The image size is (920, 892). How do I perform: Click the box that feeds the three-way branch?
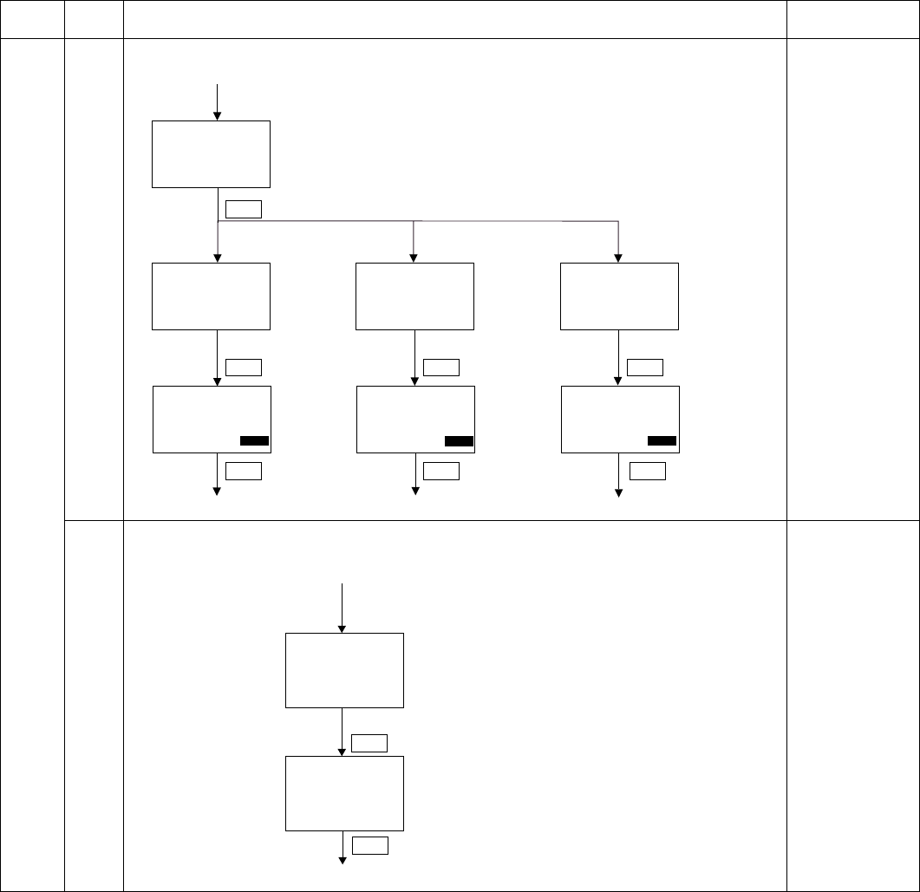tap(211, 154)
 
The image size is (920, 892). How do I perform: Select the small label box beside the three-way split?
tap(243, 208)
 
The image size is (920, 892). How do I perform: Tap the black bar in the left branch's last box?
tap(254, 441)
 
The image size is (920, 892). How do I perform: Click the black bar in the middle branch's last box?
tap(459, 441)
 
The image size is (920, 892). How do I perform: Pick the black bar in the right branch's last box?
tap(662, 441)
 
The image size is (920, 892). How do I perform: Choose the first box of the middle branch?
tap(414, 296)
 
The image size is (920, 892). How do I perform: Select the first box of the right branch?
tap(619, 296)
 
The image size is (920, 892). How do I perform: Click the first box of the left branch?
tap(211, 296)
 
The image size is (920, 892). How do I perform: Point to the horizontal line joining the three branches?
tap(416, 221)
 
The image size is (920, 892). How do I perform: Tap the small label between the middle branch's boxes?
tap(441, 367)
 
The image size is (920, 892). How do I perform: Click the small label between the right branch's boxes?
tap(645, 367)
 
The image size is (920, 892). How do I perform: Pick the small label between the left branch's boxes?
tap(243, 367)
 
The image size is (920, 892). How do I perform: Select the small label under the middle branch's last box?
tap(441, 471)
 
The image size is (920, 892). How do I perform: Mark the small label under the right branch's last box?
tap(647, 471)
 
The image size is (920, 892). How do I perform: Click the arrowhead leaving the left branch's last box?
tap(217, 492)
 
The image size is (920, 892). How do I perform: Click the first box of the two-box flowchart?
tap(344, 670)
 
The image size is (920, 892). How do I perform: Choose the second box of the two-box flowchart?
tap(344, 793)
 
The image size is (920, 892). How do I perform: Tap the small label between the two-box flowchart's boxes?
tap(369, 742)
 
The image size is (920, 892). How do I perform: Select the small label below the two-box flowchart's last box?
tap(369, 846)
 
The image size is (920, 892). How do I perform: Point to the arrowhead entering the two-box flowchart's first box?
tap(343, 628)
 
